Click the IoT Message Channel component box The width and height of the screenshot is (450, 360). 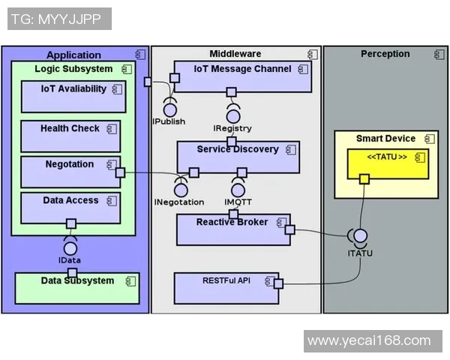point(242,76)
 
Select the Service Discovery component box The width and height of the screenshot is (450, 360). point(238,156)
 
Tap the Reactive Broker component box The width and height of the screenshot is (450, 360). point(232,229)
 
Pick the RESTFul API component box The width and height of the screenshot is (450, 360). point(226,288)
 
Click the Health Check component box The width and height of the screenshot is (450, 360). point(70,136)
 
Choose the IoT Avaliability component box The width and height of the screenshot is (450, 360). point(73,96)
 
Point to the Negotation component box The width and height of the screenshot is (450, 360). point(70,172)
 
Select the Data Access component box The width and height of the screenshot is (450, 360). point(70,208)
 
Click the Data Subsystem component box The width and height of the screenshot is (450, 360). point(77,288)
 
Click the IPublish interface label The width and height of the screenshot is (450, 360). point(169,121)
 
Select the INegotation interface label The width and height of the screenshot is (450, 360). point(179,202)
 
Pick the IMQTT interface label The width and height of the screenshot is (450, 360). point(239,202)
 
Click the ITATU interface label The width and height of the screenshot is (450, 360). point(360,253)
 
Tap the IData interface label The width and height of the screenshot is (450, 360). point(70,260)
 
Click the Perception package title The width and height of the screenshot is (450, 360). point(385,54)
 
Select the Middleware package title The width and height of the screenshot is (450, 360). point(235,54)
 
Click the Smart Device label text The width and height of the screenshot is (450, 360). point(385,139)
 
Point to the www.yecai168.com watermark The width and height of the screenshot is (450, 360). point(369,340)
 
